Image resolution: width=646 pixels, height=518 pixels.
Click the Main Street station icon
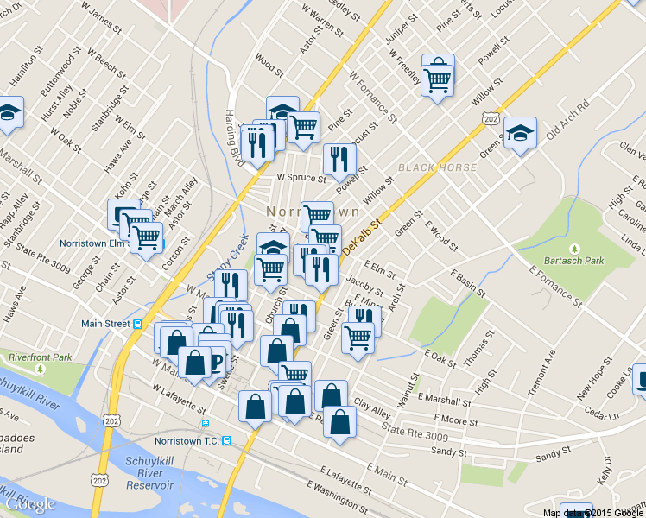pos(136,324)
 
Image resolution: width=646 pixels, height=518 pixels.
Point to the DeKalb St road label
pos(361,237)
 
